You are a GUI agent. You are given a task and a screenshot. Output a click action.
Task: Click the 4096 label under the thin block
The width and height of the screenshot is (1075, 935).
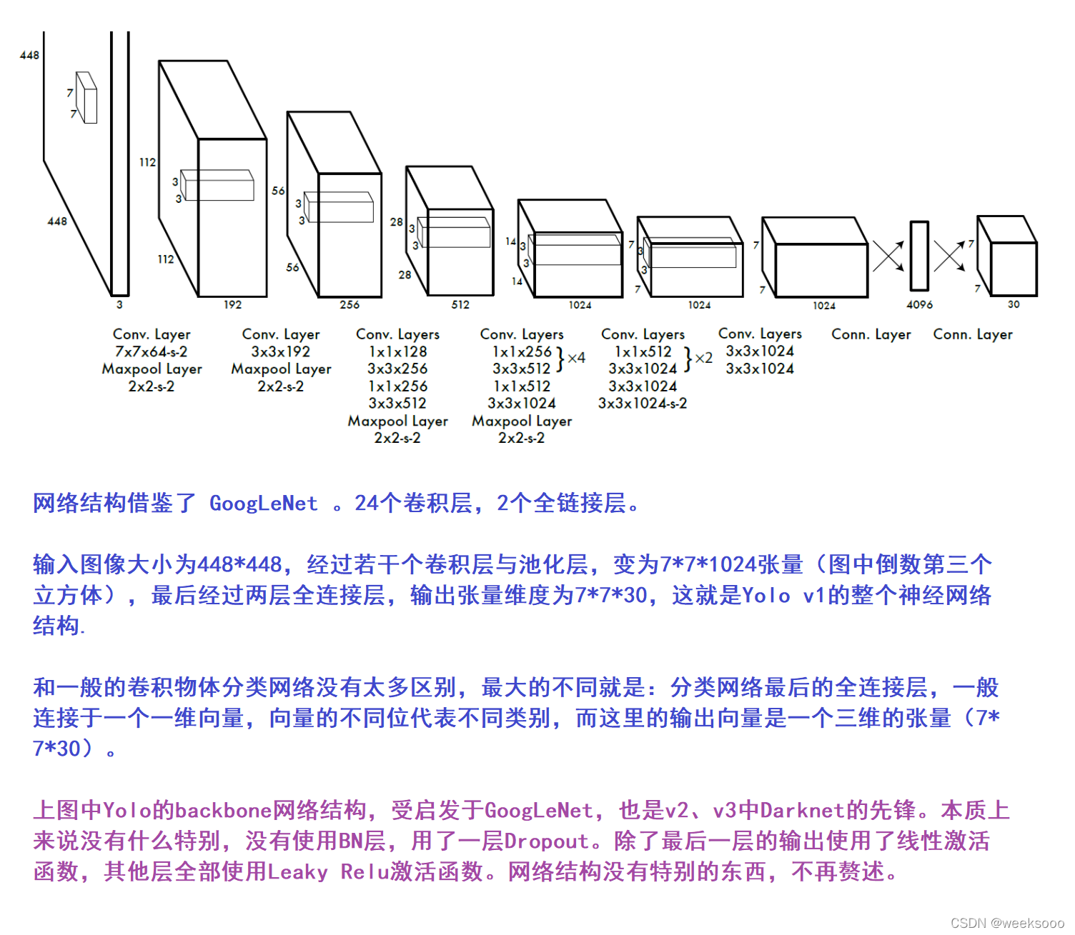919,305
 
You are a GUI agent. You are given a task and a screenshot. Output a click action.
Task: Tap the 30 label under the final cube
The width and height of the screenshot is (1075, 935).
1014,304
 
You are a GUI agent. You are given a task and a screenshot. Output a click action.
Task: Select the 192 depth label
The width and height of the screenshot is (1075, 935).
232,305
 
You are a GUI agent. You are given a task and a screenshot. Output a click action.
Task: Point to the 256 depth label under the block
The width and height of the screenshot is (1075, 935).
350,305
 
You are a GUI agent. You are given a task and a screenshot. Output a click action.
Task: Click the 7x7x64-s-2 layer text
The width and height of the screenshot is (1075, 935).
151,352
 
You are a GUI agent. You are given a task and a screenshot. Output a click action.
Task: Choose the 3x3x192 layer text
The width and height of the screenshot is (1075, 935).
280,352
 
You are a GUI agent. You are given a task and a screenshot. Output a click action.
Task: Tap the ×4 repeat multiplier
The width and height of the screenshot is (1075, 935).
576,358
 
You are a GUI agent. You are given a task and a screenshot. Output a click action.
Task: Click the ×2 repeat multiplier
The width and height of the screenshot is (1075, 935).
703,358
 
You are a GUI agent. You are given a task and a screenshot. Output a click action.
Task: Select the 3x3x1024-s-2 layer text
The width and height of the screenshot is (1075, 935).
643,404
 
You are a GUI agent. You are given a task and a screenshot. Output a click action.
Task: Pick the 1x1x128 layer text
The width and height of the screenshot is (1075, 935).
397,352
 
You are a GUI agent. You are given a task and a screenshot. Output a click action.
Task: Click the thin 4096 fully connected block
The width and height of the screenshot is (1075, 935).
919,256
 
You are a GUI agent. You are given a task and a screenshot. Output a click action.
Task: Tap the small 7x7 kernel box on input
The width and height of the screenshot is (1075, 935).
86,98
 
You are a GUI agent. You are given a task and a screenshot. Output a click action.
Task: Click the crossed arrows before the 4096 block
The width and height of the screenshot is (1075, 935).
888,256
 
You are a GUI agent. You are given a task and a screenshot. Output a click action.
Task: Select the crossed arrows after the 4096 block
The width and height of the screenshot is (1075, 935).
949,256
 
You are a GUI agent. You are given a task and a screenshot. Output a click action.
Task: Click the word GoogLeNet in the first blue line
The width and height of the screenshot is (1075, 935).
263,504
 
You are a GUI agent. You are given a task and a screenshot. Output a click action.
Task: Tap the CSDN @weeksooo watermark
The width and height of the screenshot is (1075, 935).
1007,923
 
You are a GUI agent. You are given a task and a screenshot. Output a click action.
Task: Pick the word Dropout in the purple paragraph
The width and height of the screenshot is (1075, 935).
547,841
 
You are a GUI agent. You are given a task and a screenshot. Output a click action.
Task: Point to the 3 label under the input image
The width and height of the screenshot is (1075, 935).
119,305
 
